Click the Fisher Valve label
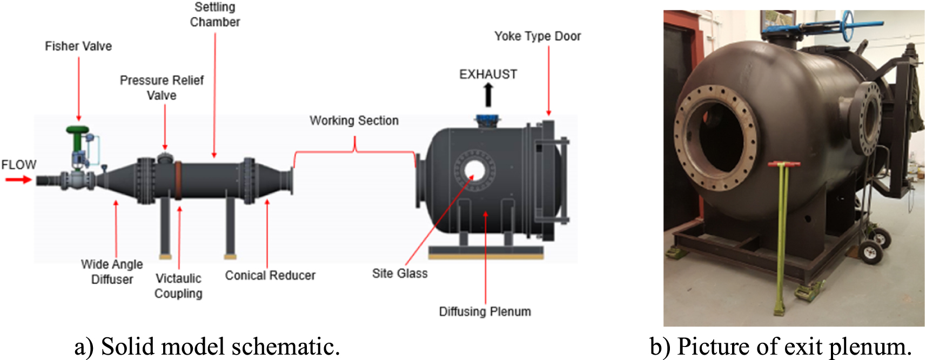tap(78, 46)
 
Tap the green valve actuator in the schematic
tap(77, 131)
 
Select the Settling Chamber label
tap(214, 15)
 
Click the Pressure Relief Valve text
tap(162, 88)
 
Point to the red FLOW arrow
tap(18, 179)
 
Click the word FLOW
tap(18, 164)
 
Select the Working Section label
tap(354, 120)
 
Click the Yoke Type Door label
tap(538, 36)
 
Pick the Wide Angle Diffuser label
tap(112, 271)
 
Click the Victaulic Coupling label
tap(178, 285)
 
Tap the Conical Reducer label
tap(270, 275)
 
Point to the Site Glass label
tap(400, 274)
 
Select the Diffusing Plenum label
tap(485, 311)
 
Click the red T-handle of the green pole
tap(784, 164)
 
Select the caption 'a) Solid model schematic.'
tap(207, 346)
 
